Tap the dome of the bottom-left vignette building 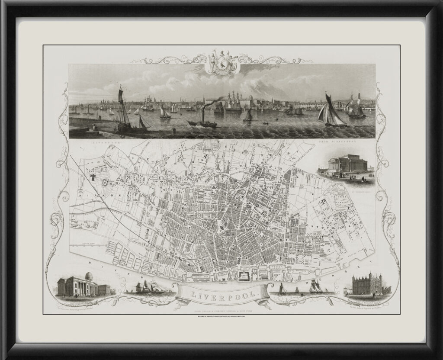pos(88,276)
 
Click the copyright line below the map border pos(221,317)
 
